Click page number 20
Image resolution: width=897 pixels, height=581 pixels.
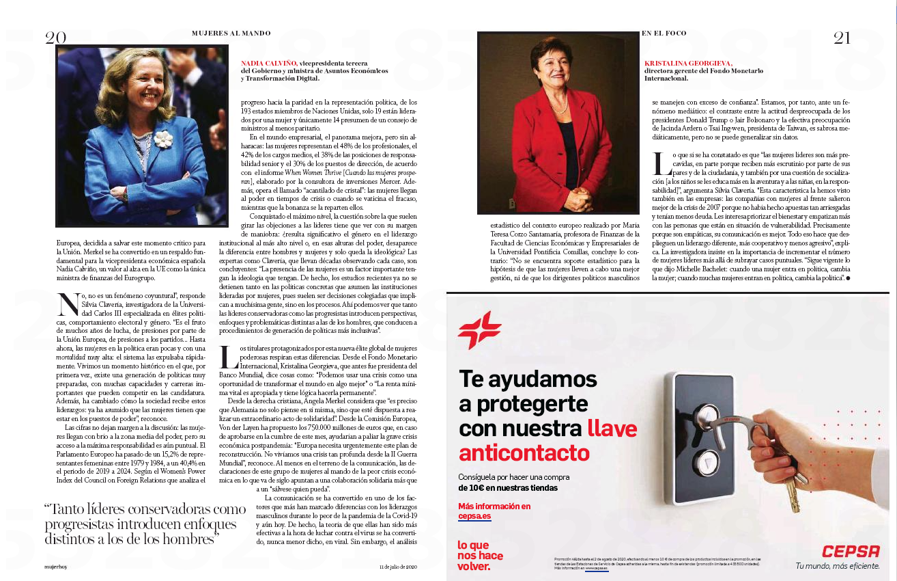click(55, 38)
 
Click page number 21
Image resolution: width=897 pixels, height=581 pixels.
click(842, 38)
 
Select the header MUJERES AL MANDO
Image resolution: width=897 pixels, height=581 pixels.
click(231, 33)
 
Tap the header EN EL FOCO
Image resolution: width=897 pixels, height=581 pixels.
click(664, 33)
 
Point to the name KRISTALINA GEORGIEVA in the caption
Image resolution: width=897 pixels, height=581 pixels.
click(687, 63)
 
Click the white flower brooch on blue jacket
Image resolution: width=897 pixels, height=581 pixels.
click(162, 139)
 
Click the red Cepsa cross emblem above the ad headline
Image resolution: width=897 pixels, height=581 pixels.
click(479, 330)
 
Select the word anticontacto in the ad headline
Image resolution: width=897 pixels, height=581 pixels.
click(524, 452)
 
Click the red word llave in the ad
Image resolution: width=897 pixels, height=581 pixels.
click(612, 429)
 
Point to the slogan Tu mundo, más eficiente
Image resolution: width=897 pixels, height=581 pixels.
click(838, 566)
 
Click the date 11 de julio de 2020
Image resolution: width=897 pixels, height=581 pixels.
click(398, 567)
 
